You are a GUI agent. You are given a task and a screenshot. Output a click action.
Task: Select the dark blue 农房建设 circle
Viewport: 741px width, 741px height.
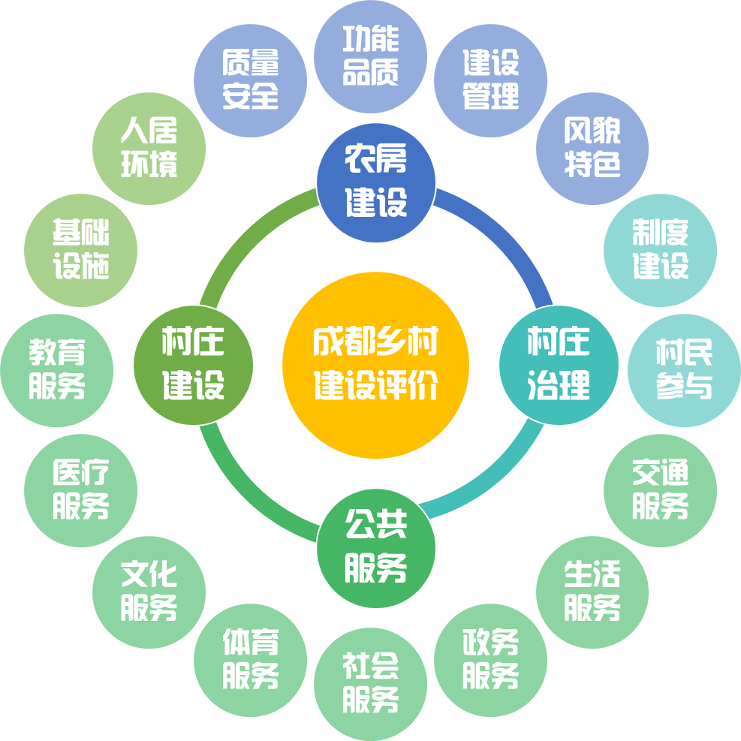tap(375, 182)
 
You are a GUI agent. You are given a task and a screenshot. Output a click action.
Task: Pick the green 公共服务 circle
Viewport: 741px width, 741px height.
tap(375, 549)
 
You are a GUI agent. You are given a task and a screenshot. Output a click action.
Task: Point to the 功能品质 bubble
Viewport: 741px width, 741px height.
tap(370, 56)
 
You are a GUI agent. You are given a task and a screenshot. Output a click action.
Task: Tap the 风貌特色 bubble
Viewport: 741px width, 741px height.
tap(592, 148)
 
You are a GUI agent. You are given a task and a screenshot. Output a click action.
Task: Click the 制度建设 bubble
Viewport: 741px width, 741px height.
tap(660, 249)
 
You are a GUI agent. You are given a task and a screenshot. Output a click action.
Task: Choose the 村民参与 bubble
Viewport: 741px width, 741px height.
tap(684, 369)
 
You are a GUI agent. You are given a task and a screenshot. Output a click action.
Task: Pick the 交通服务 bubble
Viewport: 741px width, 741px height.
tap(660, 490)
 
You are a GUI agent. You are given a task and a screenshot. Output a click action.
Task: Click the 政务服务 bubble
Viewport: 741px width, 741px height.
tap(491, 659)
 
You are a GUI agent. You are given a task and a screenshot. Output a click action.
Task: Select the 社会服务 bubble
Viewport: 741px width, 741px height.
tap(370, 683)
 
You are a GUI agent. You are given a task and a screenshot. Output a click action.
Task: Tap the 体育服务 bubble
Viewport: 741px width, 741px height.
tap(250, 659)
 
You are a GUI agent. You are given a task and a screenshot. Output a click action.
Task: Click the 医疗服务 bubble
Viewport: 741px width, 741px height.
tap(80, 490)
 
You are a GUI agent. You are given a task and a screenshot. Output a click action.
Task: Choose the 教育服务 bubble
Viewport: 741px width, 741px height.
tap(57, 369)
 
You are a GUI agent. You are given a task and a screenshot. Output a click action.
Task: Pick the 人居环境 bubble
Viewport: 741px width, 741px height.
tap(149, 148)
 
